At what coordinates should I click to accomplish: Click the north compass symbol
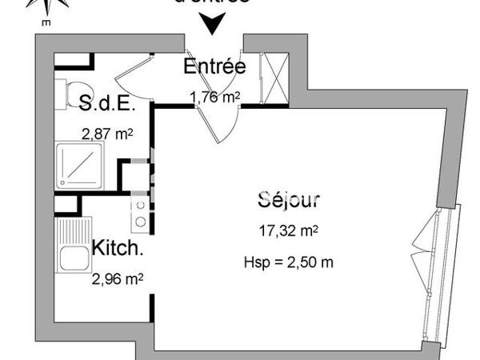(x=46, y=7)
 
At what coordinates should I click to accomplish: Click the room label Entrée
(x=214, y=66)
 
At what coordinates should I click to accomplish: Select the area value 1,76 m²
(x=215, y=98)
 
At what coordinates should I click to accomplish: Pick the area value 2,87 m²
(x=107, y=134)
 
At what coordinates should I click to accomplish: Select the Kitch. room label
(x=118, y=248)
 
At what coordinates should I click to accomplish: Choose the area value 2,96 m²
(x=118, y=278)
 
